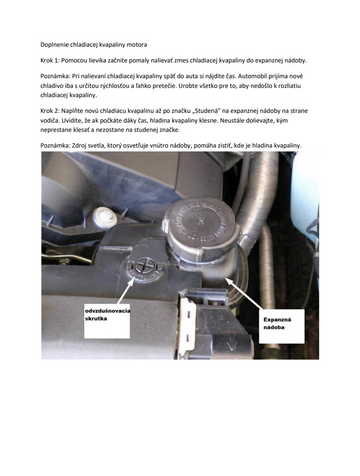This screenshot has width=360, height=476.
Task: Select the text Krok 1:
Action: coord(50,61)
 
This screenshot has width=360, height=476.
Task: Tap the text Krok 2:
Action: coord(50,111)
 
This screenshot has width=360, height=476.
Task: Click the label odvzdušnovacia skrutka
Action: coord(106,315)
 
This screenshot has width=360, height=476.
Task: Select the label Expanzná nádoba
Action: coord(277,323)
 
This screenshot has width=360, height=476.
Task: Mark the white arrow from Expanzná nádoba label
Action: coord(243,293)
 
